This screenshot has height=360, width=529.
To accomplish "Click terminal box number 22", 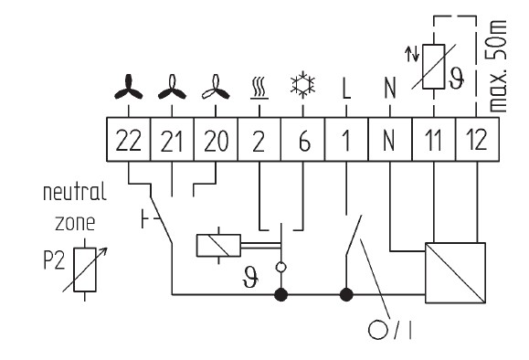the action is pyautogui.click(x=129, y=140).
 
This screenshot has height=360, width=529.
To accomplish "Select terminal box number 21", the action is pyautogui.click(x=172, y=140).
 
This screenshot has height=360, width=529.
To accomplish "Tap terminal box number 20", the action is pyautogui.click(x=216, y=140).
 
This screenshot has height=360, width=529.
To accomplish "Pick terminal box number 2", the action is pyautogui.click(x=259, y=140).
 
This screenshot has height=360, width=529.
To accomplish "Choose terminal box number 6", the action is pyautogui.click(x=303, y=140).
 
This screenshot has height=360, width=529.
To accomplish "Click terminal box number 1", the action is pyautogui.click(x=346, y=140).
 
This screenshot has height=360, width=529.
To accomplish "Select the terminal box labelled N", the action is pyautogui.click(x=390, y=140).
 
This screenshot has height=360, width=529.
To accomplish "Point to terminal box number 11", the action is pyautogui.click(x=434, y=140).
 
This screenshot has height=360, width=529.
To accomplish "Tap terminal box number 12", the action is pyautogui.click(x=478, y=140).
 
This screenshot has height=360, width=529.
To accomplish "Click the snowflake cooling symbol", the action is pyautogui.click(x=303, y=84).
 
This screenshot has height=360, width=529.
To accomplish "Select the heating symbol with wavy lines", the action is pyautogui.click(x=259, y=89).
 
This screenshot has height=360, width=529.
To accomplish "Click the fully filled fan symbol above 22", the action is pyautogui.click(x=129, y=87).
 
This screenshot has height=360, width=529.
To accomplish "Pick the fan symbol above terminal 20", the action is pyautogui.click(x=216, y=87).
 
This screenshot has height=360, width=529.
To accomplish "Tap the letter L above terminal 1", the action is pyautogui.click(x=346, y=88).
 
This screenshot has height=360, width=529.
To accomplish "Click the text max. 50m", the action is pyautogui.click(x=497, y=66).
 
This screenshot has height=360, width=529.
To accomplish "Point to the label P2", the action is pyautogui.click(x=54, y=260).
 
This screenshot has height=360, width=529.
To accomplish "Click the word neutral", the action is pyautogui.click(x=75, y=192).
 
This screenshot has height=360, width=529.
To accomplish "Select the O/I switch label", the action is pyautogui.click(x=390, y=330).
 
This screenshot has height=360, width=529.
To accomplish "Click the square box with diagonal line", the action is pyautogui.click(x=456, y=272).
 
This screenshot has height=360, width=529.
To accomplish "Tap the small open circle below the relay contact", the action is pyautogui.click(x=280, y=268).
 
